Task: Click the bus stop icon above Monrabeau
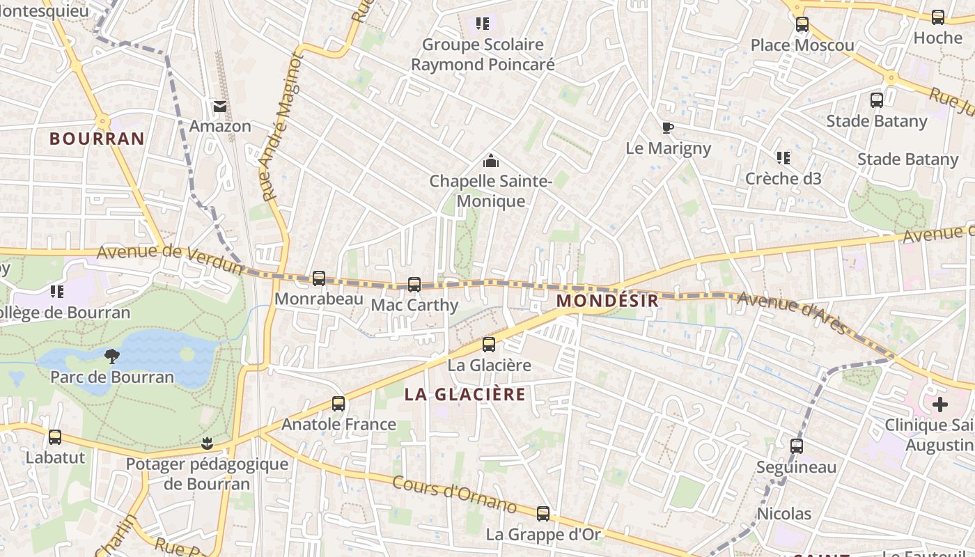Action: tap(319, 278)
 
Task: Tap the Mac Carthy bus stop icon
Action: tap(414, 285)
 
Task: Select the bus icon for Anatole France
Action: tap(338, 404)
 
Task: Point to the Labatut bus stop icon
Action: tap(55, 437)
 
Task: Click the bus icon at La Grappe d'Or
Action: tap(543, 514)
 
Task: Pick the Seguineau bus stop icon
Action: tap(797, 446)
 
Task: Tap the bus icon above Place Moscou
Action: tap(802, 24)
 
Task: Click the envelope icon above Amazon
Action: tap(220, 107)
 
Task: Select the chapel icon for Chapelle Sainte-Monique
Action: tap(491, 162)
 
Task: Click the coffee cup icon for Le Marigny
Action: tap(668, 127)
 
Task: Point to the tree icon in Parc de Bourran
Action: tap(111, 356)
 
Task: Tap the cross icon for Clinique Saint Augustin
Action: tap(940, 404)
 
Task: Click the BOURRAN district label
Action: tap(97, 139)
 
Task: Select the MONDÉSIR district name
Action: tap(608, 301)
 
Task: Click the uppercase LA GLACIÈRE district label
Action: tap(465, 394)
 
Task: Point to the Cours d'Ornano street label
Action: tap(454, 494)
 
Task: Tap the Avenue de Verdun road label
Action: tap(170, 257)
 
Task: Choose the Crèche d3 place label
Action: tap(783, 179)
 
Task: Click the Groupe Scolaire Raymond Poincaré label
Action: tap(483, 54)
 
